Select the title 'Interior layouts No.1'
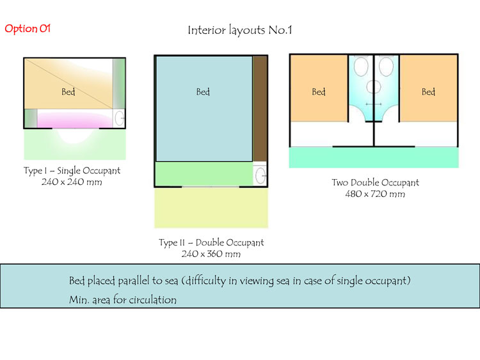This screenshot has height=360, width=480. (240, 30)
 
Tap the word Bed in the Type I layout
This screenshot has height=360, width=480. (68, 92)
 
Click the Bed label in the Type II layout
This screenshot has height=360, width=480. (203, 92)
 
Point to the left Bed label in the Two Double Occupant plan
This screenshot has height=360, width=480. (319, 92)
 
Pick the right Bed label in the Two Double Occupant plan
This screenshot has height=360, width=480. (428, 92)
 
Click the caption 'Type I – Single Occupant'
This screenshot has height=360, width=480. (72, 171)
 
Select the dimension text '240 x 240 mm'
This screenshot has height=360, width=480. (72, 182)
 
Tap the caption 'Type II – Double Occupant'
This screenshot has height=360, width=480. (211, 243)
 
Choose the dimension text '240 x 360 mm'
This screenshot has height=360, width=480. (211, 254)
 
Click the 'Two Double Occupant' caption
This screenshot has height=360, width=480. (375, 183)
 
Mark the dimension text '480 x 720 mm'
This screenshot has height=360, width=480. (375, 194)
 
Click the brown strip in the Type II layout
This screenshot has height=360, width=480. (260, 109)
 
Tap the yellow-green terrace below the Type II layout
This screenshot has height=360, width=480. (211, 208)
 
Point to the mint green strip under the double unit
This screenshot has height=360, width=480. (374, 157)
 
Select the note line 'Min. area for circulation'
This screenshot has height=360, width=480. (122, 299)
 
